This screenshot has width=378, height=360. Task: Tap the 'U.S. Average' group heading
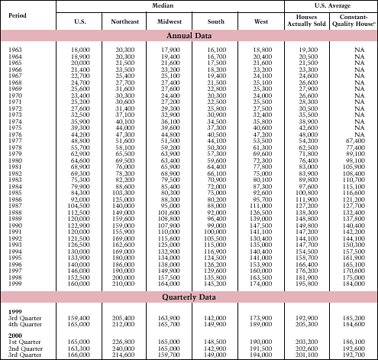(x=330, y=5)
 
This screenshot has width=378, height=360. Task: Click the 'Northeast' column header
(x=124, y=21)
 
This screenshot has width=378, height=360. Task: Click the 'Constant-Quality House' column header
(x=355, y=21)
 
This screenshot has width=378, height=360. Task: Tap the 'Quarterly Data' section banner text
(x=189, y=297)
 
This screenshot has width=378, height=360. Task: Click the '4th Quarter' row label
(x=25, y=323)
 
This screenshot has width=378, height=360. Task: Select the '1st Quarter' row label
(x=25, y=341)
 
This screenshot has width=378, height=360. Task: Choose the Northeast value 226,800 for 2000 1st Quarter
(x=124, y=341)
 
